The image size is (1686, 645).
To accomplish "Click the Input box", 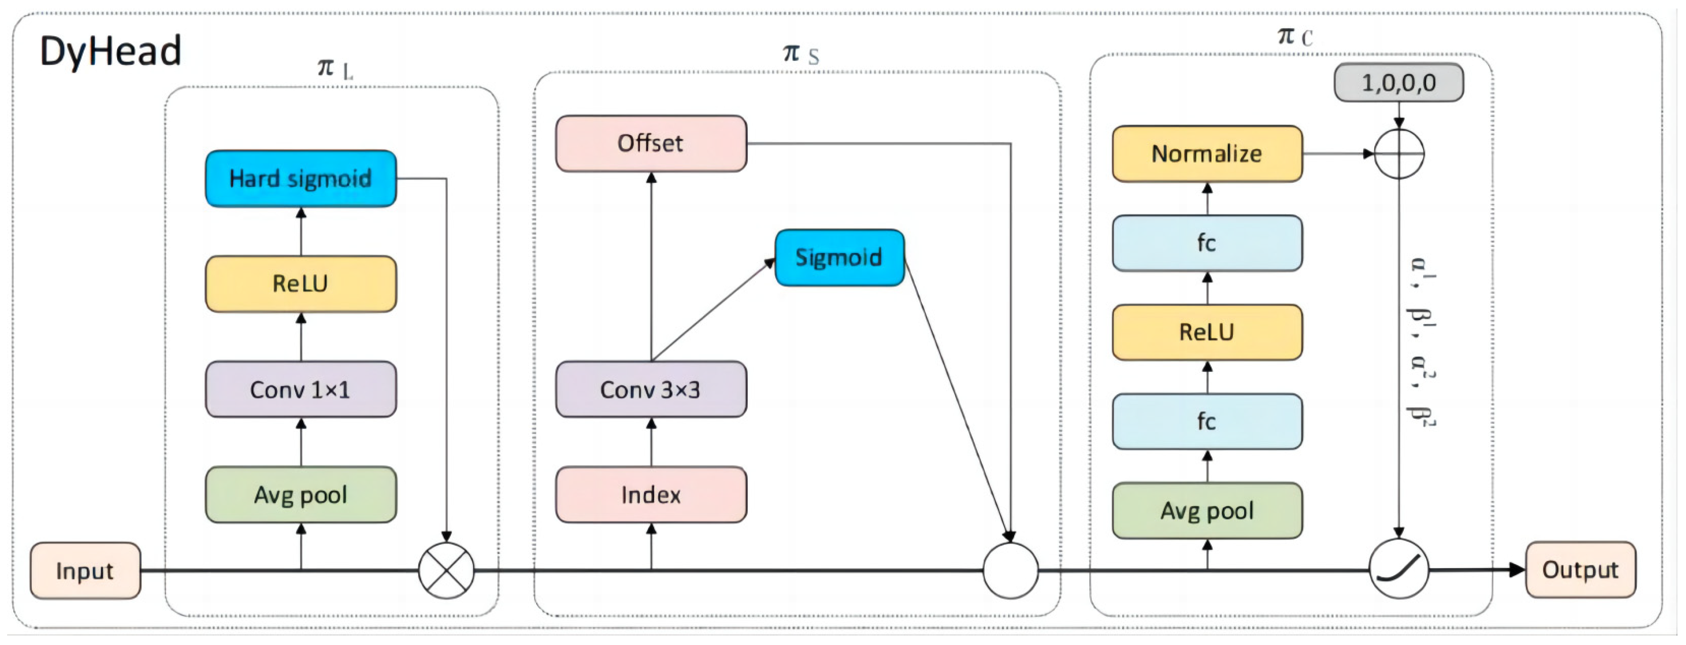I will (x=85, y=570).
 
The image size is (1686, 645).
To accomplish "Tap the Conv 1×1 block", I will (x=301, y=389).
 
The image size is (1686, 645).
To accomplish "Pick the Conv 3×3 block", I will (x=651, y=389).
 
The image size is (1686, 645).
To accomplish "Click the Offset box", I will (x=651, y=143).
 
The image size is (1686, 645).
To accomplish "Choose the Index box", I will (x=651, y=494).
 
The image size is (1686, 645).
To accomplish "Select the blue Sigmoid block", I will (x=839, y=257).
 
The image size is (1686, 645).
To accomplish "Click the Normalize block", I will (x=1207, y=154).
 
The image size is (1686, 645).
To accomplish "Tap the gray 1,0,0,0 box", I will (x=1399, y=82).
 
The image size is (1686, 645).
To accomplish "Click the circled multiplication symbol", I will (x=446, y=570).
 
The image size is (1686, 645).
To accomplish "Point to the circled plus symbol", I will (x=1399, y=154).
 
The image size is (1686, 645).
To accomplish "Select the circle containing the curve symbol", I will (x=1399, y=569).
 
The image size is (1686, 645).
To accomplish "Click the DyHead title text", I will (x=110, y=51).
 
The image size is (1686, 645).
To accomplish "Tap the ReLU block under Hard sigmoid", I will (x=301, y=283).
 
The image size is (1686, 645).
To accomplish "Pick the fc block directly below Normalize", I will (x=1207, y=243).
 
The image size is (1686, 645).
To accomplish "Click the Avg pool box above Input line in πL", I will (x=301, y=494).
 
